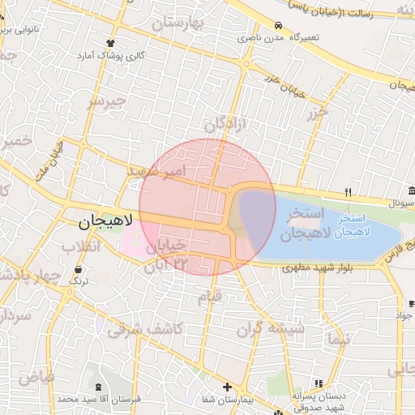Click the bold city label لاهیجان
click(x=108, y=220)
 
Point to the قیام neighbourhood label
click(x=210, y=297)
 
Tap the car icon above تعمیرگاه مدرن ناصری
click(x=278, y=24)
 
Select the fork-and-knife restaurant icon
click(x=348, y=192)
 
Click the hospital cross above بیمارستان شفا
click(x=227, y=387)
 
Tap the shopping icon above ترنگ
click(x=78, y=269)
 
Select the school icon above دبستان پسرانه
click(x=319, y=383)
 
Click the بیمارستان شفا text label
click(x=227, y=400)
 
